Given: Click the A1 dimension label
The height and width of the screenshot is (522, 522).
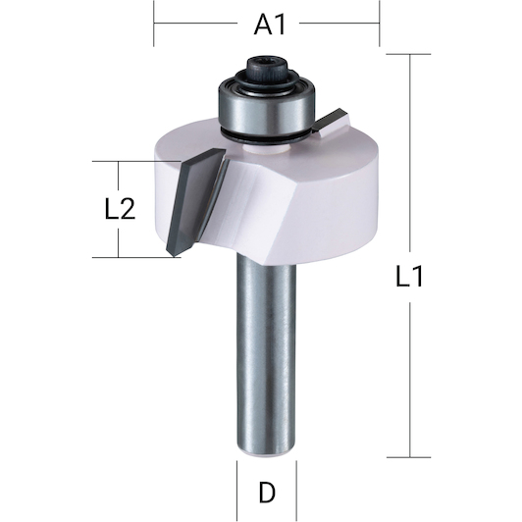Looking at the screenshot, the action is click(269, 25).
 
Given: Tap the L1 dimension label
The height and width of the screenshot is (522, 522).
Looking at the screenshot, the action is click(409, 276).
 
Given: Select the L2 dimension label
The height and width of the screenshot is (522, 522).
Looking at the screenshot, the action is click(120, 209).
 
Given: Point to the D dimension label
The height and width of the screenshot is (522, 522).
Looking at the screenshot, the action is click(267, 493).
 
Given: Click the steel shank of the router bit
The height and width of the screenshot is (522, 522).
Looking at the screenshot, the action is click(266, 353).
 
